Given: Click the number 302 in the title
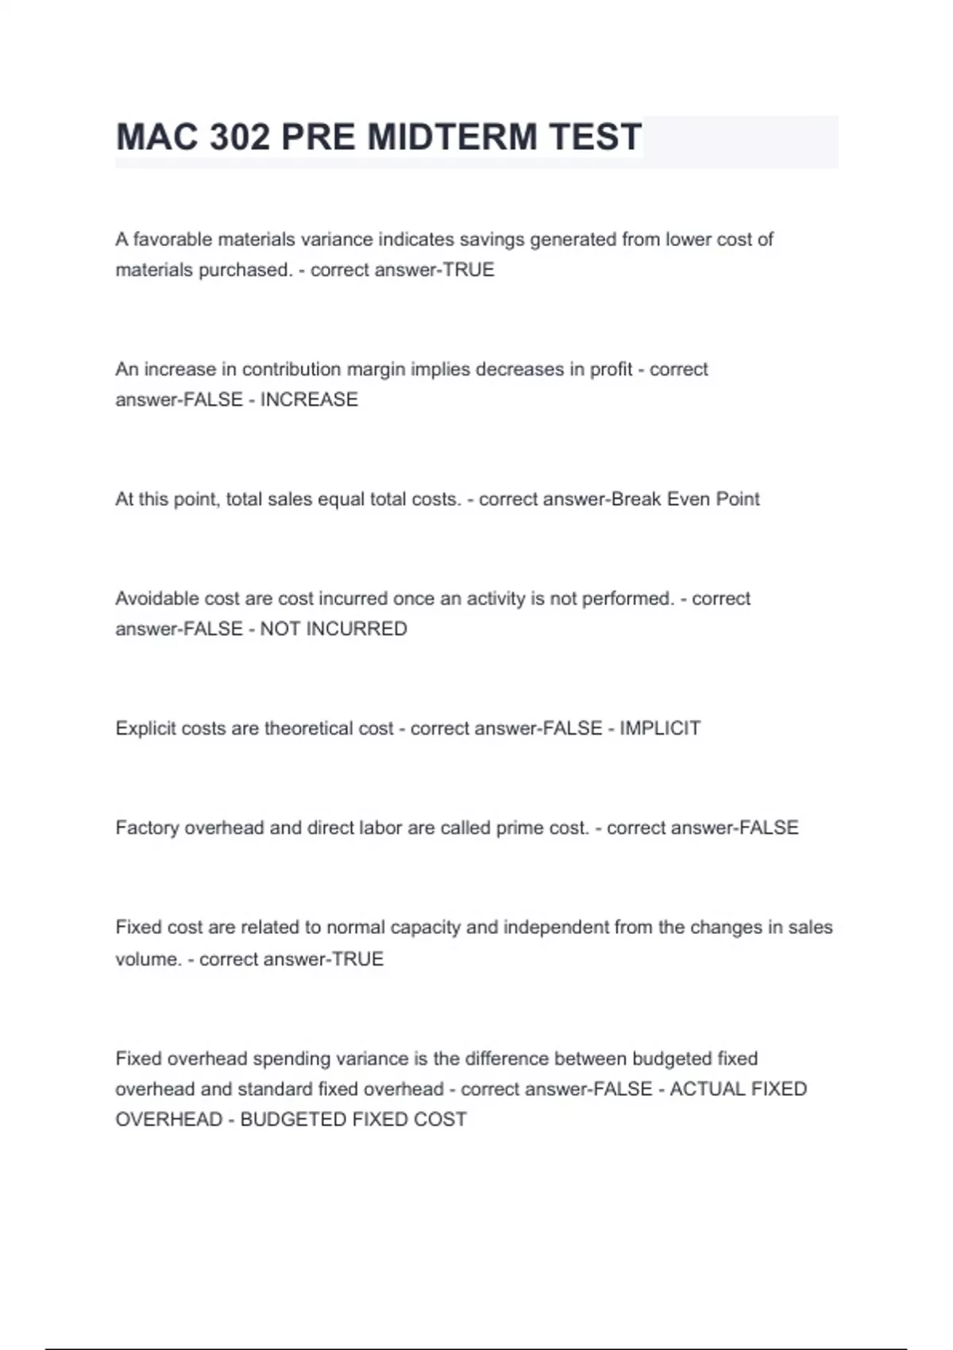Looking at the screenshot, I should click(239, 137).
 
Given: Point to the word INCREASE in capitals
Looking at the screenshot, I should click(309, 399).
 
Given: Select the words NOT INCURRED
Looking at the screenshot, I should click(334, 629).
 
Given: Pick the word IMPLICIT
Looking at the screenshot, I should click(660, 728).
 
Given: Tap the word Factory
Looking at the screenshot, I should click(147, 827).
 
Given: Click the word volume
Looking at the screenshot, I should click(149, 959).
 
